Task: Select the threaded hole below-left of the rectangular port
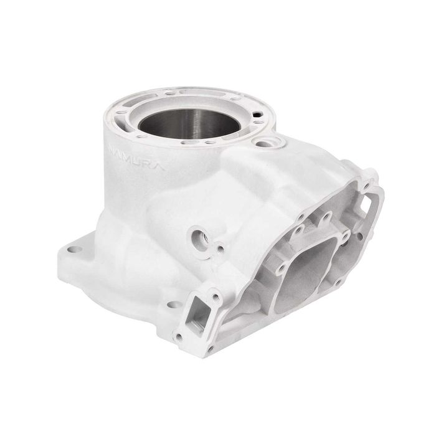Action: [179, 337]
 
